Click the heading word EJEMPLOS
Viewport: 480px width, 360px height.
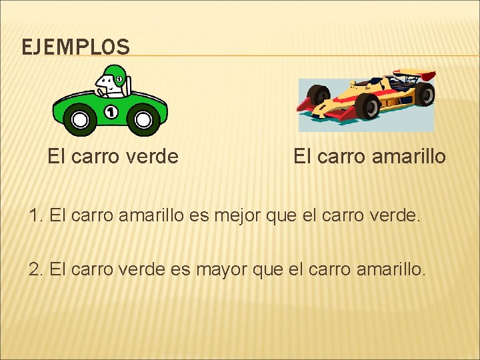coord(75,47)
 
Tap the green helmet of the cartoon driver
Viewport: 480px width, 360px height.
coord(115,73)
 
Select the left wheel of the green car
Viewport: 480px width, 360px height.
coord(80,120)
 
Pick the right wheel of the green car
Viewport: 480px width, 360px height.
coord(143,120)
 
